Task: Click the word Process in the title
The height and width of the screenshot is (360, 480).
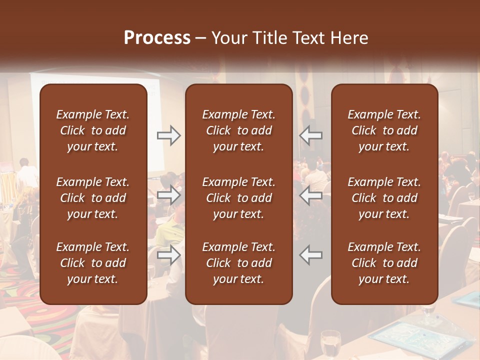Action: click(x=157, y=38)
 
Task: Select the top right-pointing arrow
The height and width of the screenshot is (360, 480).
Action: click(x=168, y=135)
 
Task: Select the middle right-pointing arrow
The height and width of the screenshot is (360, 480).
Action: click(x=168, y=195)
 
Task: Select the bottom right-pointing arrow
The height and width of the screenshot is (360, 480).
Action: click(x=168, y=254)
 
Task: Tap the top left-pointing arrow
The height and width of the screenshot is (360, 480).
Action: click(x=311, y=135)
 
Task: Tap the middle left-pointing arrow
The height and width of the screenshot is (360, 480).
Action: click(x=311, y=195)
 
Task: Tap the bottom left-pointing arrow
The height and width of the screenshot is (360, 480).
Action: click(x=311, y=254)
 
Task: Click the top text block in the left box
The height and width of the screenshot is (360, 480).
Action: click(x=93, y=130)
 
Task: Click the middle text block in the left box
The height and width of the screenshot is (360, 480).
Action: click(x=93, y=198)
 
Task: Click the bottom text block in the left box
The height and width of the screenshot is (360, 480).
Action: click(x=93, y=263)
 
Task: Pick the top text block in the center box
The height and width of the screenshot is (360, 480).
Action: click(x=239, y=130)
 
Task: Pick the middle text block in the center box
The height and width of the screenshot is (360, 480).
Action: click(x=239, y=198)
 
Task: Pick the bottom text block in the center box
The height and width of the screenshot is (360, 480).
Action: click(x=239, y=263)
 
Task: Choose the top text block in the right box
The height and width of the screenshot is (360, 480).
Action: click(x=384, y=130)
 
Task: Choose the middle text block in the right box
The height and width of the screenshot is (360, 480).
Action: click(x=384, y=198)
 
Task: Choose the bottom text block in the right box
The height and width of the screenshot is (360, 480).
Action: click(x=384, y=263)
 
